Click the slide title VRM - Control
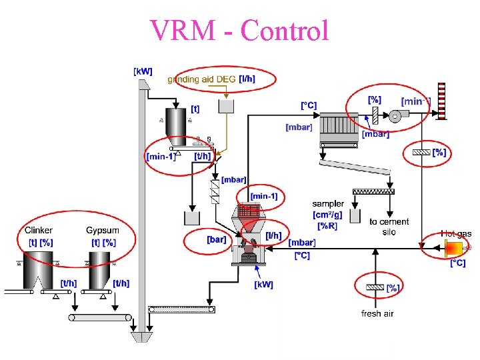coord(239,30)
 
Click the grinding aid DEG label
coord(201,79)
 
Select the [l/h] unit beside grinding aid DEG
coord(247,79)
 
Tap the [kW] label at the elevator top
coord(143,71)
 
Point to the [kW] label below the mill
coord(263,285)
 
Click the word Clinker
coord(39,231)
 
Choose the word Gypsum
coord(102,231)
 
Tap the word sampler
coord(328,204)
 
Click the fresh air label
coord(377,313)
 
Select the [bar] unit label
coord(216,239)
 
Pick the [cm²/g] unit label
coord(327,215)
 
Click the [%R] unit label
coord(327,225)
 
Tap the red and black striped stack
coord(441,100)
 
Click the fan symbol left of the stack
coord(395,116)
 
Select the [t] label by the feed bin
coord(195,108)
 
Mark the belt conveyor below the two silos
coord(100,317)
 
